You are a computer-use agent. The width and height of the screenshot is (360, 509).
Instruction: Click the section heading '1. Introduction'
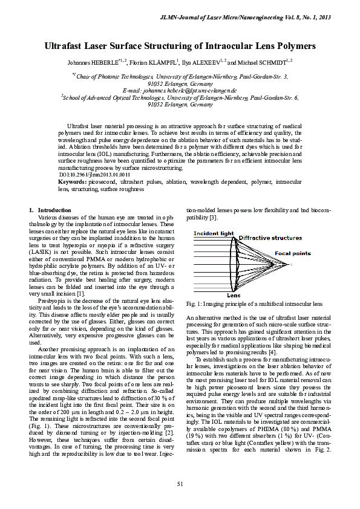tap(50, 210)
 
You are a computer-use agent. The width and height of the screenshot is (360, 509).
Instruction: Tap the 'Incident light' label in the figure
tap(212, 233)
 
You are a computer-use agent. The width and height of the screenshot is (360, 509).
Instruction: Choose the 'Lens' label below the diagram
tap(233, 295)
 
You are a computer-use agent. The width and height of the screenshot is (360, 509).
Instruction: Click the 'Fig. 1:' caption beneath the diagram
tap(195, 303)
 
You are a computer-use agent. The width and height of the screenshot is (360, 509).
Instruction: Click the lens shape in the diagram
tap(233, 263)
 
